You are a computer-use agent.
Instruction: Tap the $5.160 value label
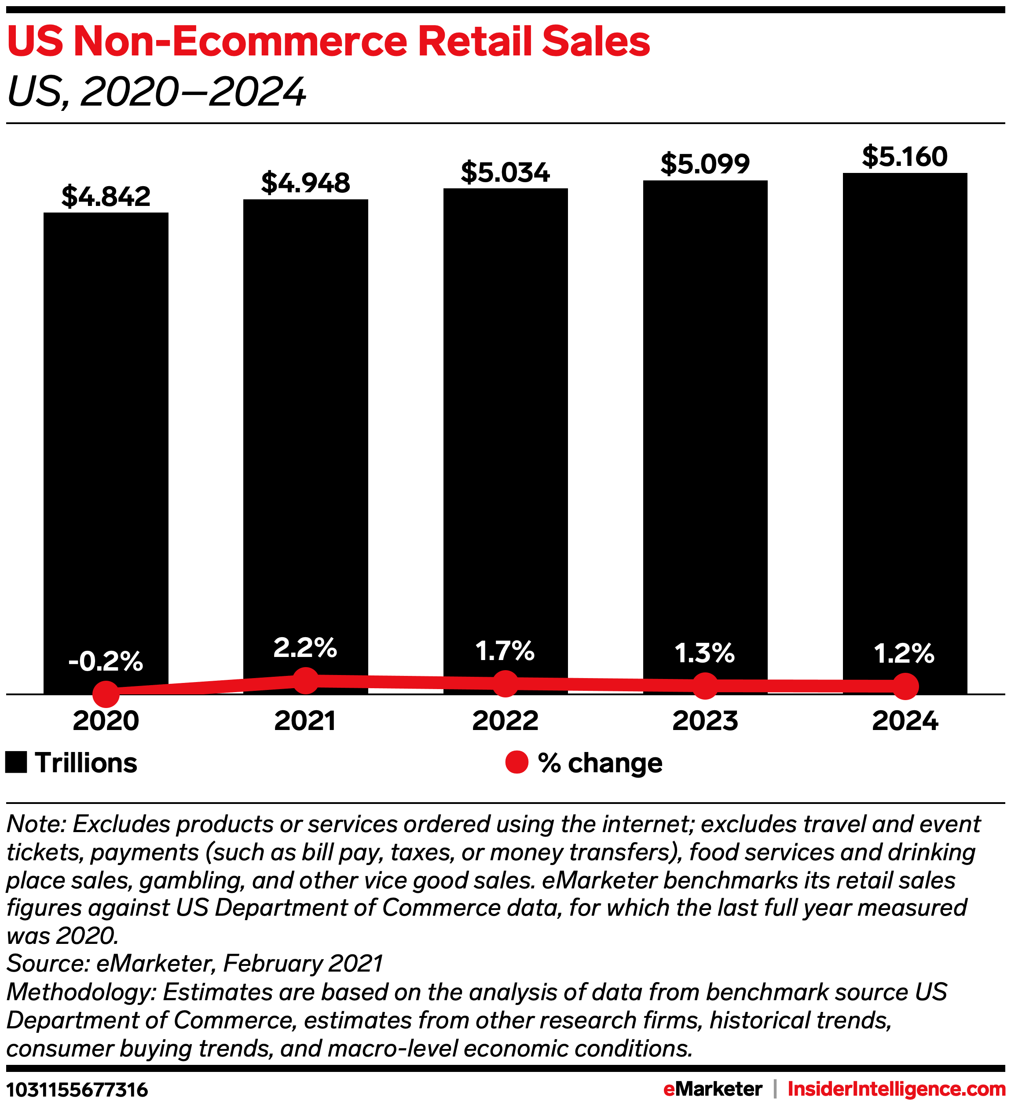pos(905,157)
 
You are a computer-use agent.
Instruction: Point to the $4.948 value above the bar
pos(305,183)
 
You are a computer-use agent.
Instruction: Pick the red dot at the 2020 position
pos(106,694)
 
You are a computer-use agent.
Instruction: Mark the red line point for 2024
pos(905,686)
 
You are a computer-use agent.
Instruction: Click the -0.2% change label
pos(106,661)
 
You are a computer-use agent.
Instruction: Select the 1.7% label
pos(505,651)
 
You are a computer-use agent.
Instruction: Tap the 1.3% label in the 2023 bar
pos(704,653)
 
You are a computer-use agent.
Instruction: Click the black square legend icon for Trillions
pos(16,763)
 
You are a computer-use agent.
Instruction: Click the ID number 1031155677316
pos(77,1090)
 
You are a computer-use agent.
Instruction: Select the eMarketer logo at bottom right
pos(713,1089)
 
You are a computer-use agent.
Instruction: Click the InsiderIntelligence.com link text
pos(896,1089)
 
